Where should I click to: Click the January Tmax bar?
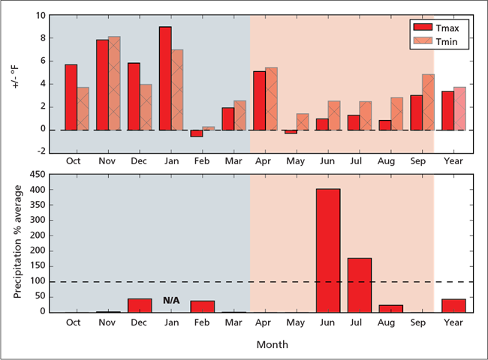(x=165, y=78)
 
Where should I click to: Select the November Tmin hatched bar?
(x=114, y=82)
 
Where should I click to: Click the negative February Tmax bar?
(x=197, y=133)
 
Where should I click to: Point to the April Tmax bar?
(x=259, y=100)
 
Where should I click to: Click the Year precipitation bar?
(x=453, y=305)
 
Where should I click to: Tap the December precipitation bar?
(x=140, y=304)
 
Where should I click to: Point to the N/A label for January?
(x=171, y=300)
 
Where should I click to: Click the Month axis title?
(x=271, y=345)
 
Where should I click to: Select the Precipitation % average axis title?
(x=18, y=241)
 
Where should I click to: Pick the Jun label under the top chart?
(x=328, y=160)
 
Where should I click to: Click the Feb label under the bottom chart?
(x=203, y=322)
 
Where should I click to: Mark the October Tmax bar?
(x=71, y=97)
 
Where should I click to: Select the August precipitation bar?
(x=390, y=308)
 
